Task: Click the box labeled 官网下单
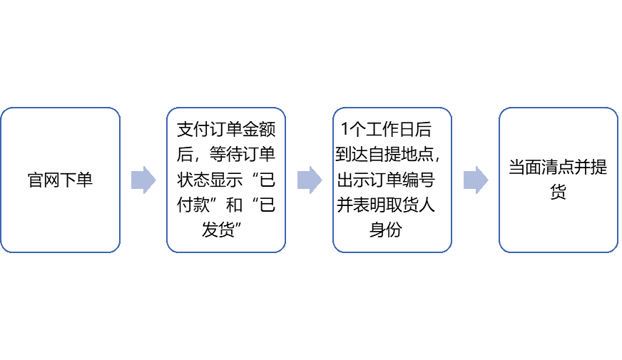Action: click(60, 180)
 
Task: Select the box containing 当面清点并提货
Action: click(558, 180)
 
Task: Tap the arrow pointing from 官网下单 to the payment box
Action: click(143, 180)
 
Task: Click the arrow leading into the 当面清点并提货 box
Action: click(476, 180)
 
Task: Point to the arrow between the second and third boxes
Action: click(310, 180)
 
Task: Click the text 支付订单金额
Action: click(226, 131)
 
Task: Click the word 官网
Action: click(44, 180)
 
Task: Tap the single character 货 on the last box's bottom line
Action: click(558, 192)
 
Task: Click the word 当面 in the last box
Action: click(525, 168)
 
